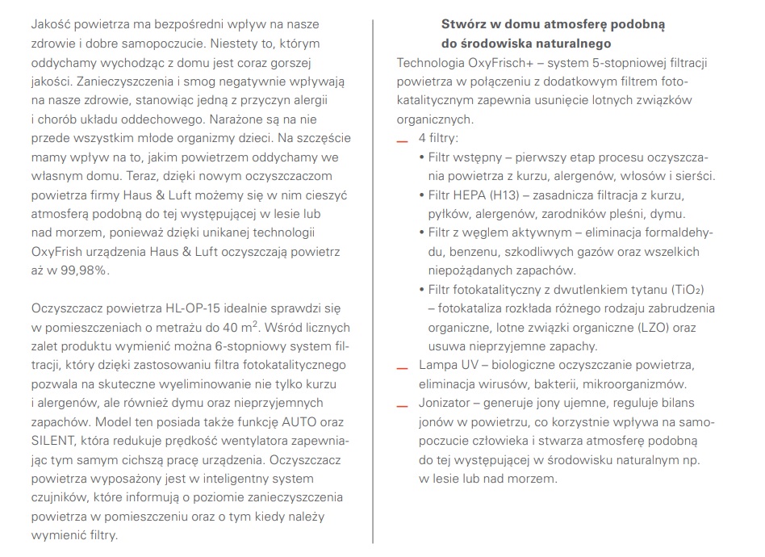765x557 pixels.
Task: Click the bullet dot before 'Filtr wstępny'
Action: click(422, 157)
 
